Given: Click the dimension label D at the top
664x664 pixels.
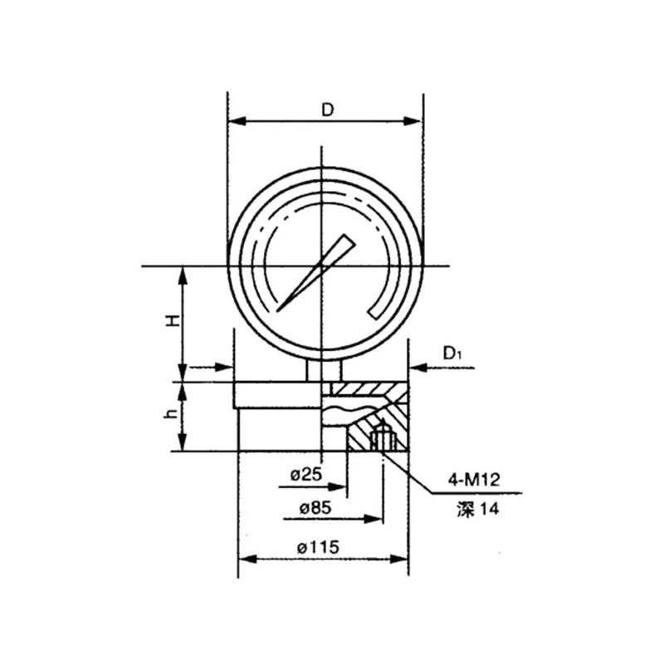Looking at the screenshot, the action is click(327, 110).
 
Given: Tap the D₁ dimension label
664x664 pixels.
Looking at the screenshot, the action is click(452, 354).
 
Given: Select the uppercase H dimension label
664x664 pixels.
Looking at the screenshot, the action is click(173, 320).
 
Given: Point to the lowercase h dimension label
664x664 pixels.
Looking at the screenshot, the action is click(172, 413).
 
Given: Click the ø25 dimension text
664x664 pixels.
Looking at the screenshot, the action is click(306, 475).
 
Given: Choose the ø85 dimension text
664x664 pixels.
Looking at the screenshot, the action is click(315, 507).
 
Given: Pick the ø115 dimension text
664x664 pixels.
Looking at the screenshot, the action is click(318, 548).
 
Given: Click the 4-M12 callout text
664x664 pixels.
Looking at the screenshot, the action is click(474, 480).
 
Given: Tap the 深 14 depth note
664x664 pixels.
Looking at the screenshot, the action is click(478, 509).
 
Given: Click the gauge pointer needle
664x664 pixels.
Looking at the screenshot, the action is click(316, 273).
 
